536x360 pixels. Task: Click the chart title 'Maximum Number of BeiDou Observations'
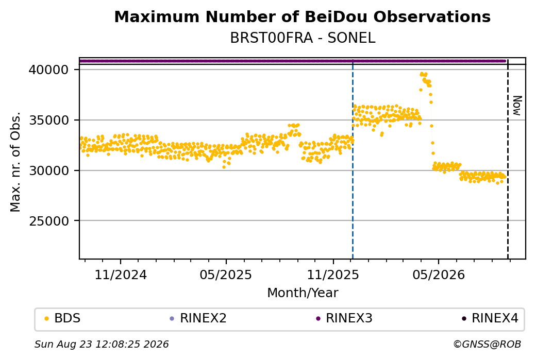click(x=302, y=16)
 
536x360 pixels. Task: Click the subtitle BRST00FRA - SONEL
click(x=303, y=38)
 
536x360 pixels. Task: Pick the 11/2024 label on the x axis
click(x=120, y=275)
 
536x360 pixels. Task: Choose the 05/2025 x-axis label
click(x=226, y=275)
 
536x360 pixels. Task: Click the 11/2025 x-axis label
click(x=333, y=275)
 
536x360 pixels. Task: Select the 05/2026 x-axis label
click(x=439, y=275)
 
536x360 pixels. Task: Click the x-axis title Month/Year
click(x=303, y=293)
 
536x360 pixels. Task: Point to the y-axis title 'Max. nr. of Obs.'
click(x=15, y=162)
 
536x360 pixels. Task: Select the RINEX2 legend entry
click(x=198, y=318)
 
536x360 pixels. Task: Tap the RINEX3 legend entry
click(x=344, y=318)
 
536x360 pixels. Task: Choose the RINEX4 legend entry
click(x=490, y=318)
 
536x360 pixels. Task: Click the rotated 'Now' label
click(x=517, y=106)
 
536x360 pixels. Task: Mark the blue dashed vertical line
click(x=353, y=162)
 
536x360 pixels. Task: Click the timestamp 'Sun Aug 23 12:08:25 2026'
click(x=102, y=344)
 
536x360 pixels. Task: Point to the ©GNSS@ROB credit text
click(x=487, y=344)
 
